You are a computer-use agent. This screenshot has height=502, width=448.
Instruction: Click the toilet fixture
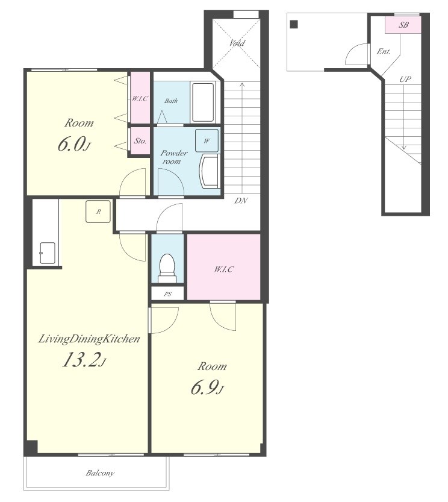(167, 268)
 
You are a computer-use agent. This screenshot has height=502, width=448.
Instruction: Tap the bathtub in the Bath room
(203, 102)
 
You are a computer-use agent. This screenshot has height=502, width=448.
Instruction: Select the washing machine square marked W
(207, 140)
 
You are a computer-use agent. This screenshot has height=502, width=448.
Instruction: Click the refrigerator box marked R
(98, 212)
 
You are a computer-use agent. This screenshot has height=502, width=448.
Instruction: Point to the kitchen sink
(48, 253)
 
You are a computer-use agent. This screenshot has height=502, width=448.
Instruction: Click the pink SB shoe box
(403, 25)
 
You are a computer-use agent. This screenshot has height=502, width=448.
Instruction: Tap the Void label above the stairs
(237, 43)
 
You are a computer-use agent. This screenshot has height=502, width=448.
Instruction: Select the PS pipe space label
(167, 294)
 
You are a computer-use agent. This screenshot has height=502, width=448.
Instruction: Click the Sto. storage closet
(140, 140)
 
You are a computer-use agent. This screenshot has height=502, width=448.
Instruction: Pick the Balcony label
(100, 472)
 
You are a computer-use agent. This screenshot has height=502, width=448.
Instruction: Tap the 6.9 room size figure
(207, 387)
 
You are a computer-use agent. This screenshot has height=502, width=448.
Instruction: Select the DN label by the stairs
(241, 201)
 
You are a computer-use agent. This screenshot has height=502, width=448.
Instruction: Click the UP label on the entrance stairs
(405, 79)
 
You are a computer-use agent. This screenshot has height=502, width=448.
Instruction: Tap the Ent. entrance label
(384, 51)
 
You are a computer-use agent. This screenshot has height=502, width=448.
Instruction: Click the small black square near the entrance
(294, 24)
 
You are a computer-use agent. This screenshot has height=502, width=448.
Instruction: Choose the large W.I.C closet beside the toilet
(223, 267)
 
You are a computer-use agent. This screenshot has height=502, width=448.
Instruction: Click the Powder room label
(174, 157)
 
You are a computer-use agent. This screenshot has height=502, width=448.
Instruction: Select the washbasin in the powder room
(210, 171)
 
